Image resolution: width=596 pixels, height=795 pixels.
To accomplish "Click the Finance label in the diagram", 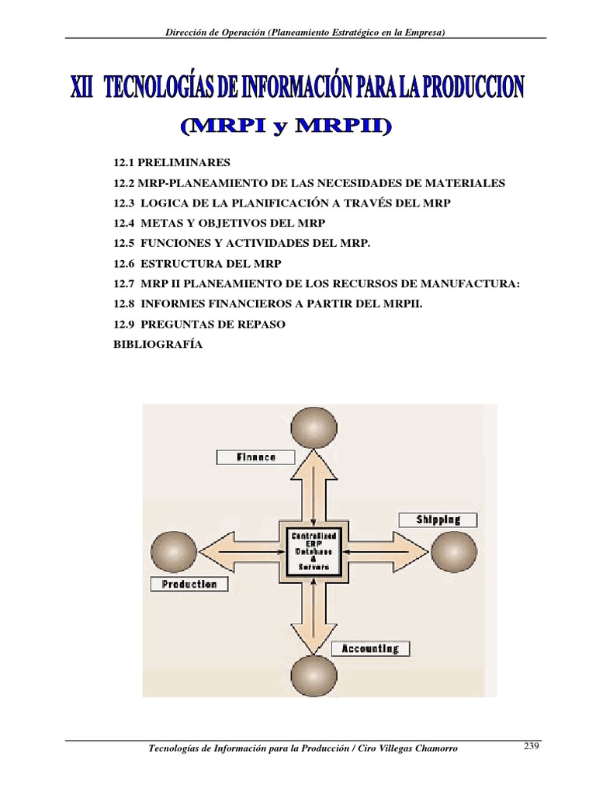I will [256, 457].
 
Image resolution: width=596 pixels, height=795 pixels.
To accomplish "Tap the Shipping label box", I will [438, 519].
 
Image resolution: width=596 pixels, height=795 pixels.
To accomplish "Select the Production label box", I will [189, 584].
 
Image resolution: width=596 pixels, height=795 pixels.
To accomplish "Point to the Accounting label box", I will [370, 648].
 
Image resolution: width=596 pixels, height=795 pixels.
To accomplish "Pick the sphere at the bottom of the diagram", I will [313, 675].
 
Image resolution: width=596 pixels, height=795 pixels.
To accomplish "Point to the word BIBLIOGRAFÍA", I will [158, 345].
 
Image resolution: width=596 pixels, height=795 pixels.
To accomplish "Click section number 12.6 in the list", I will [124, 264].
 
